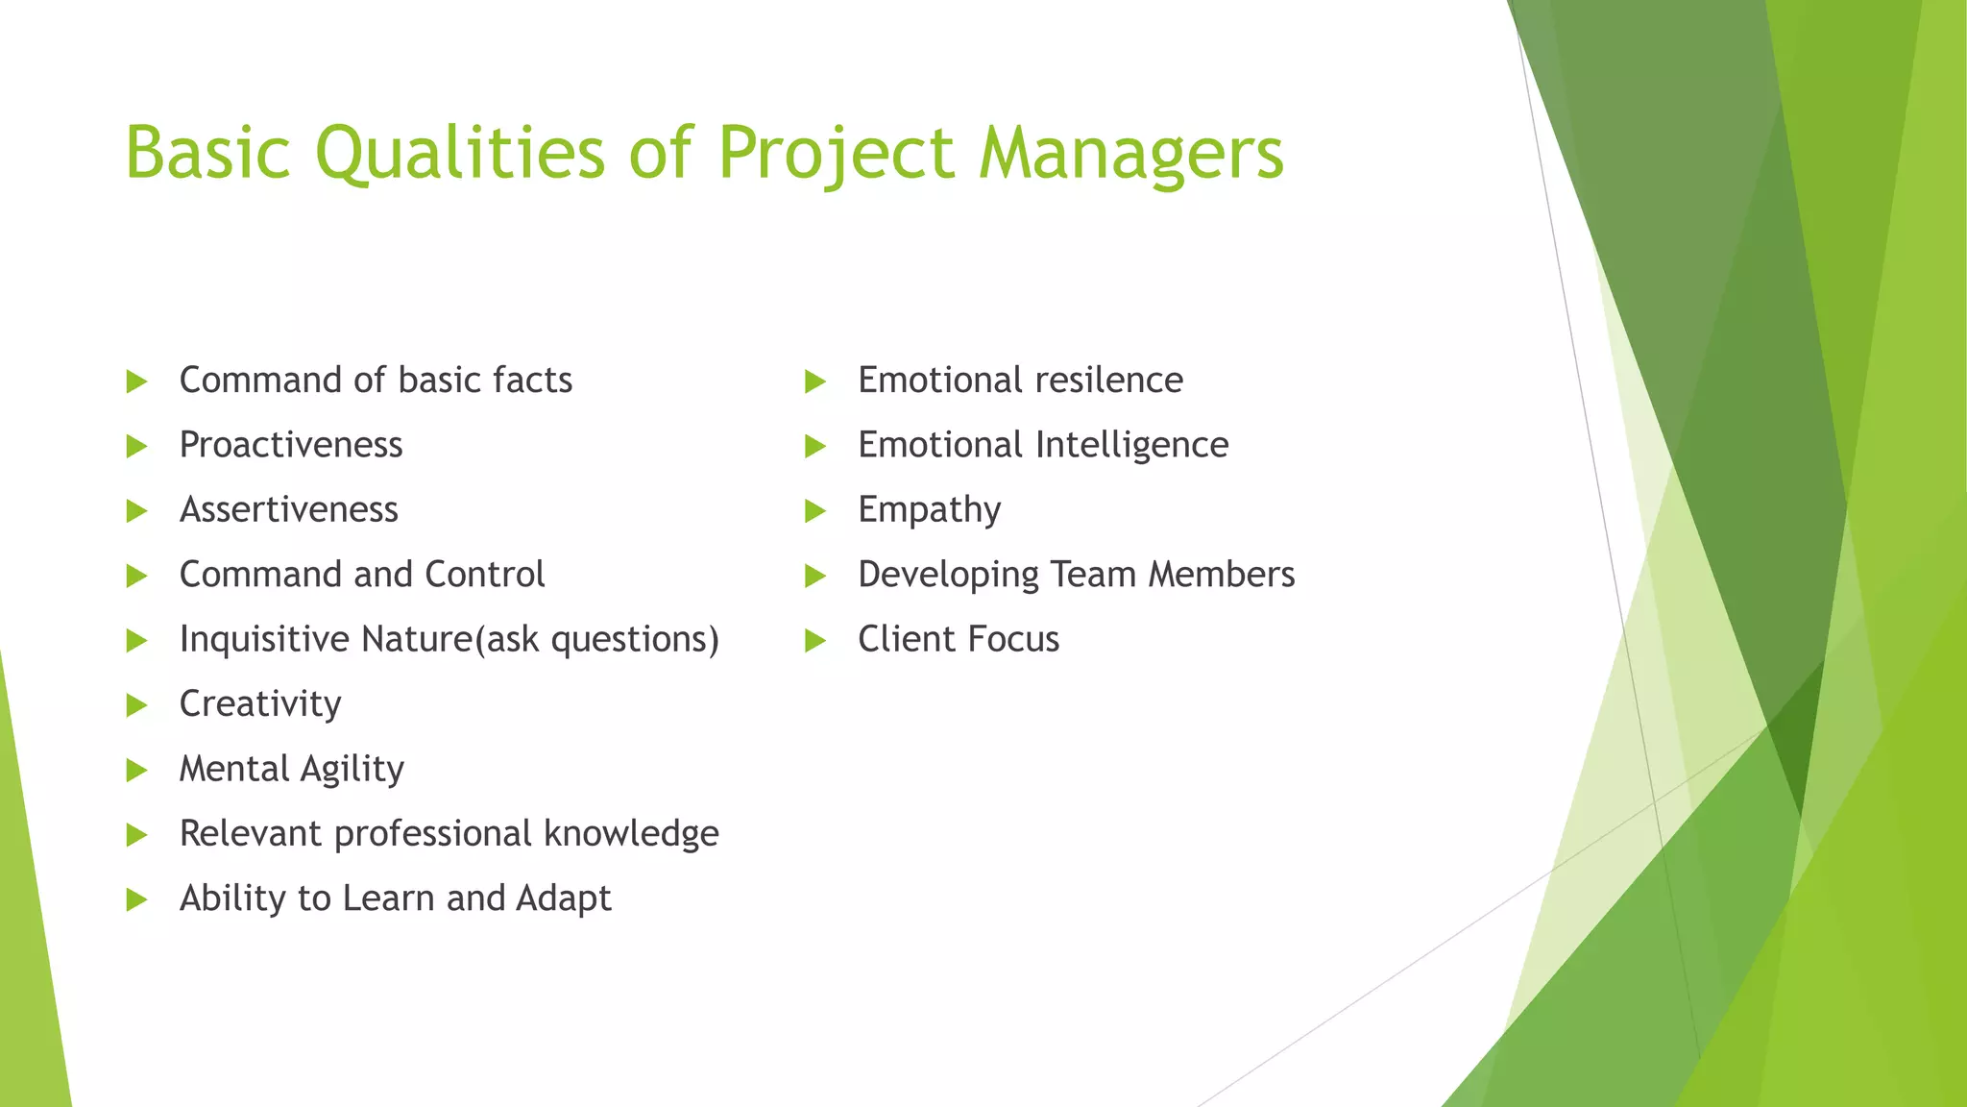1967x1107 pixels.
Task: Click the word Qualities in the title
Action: click(460, 154)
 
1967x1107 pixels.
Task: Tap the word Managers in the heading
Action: click(1130, 154)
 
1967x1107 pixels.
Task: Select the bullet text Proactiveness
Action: click(291, 445)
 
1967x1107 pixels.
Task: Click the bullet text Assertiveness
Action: click(288, 509)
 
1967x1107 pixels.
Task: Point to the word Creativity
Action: click(260, 704)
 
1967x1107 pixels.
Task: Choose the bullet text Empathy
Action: click(929, 509)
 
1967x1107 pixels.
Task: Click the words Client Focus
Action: click(958, 639)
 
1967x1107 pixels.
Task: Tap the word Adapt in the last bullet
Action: click(563, 898)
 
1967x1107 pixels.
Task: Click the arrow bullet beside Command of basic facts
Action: click(136, 381)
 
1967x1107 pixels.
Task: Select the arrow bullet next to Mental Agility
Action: click(136, 770)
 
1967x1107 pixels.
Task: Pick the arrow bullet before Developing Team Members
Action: click(814, 576)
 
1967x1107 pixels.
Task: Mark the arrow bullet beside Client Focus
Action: click(814, 640)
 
